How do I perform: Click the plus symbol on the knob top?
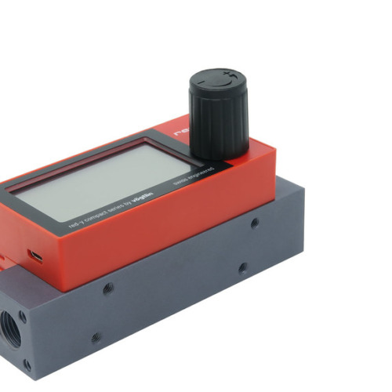click(227, 78)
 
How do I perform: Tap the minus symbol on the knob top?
click(202, 82)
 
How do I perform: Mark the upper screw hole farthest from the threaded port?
click(255, 223)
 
